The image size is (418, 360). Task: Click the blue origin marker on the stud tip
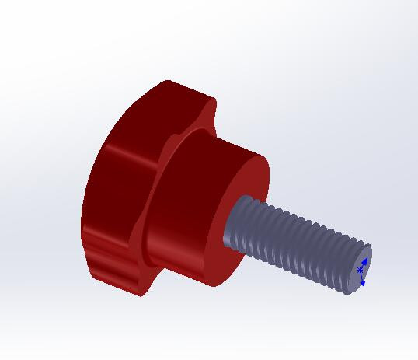[360, 271]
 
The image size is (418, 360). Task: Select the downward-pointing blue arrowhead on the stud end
[362, 283]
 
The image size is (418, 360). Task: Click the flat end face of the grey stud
[361, 268]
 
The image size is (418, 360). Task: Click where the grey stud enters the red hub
[232, 225]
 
